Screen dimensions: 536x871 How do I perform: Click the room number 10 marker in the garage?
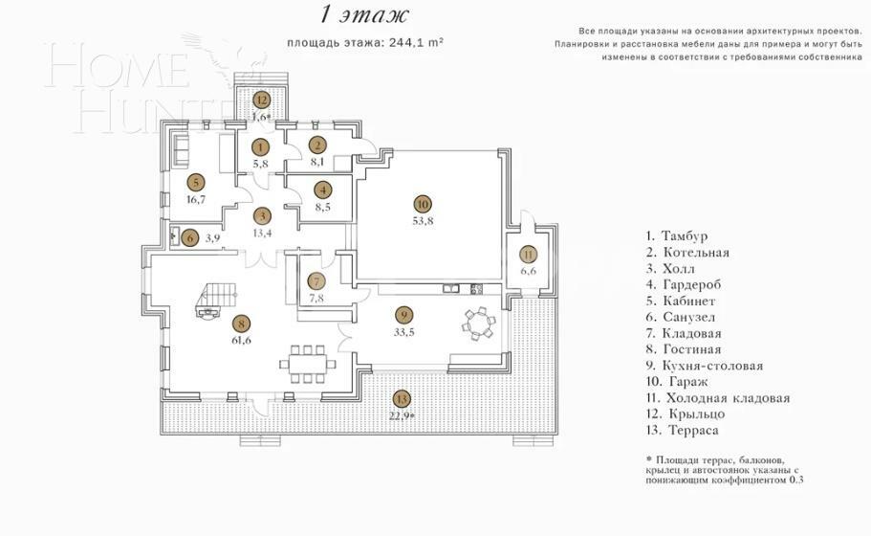point(422,203)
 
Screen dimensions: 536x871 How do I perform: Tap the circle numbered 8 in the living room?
point(240,324)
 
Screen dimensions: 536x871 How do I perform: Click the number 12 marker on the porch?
point(260,100)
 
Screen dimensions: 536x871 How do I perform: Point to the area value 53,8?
point(422,220)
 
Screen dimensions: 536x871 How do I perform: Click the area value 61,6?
point(240,341)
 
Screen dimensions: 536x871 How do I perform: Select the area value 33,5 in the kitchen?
point(403,332)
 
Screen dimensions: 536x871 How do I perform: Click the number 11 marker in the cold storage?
point(529,255)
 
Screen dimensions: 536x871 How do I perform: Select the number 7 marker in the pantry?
point(317,281)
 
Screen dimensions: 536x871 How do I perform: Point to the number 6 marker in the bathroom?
point(190,238)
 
